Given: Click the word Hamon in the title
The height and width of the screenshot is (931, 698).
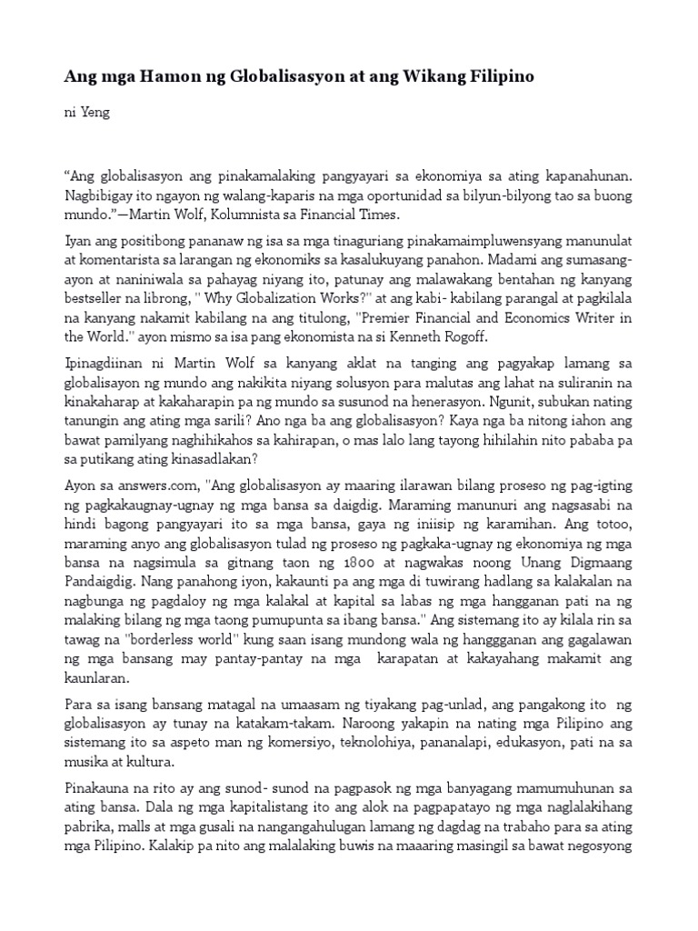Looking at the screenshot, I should pos(160,78).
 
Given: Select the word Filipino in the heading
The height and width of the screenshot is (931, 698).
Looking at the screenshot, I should pos(499,78).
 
